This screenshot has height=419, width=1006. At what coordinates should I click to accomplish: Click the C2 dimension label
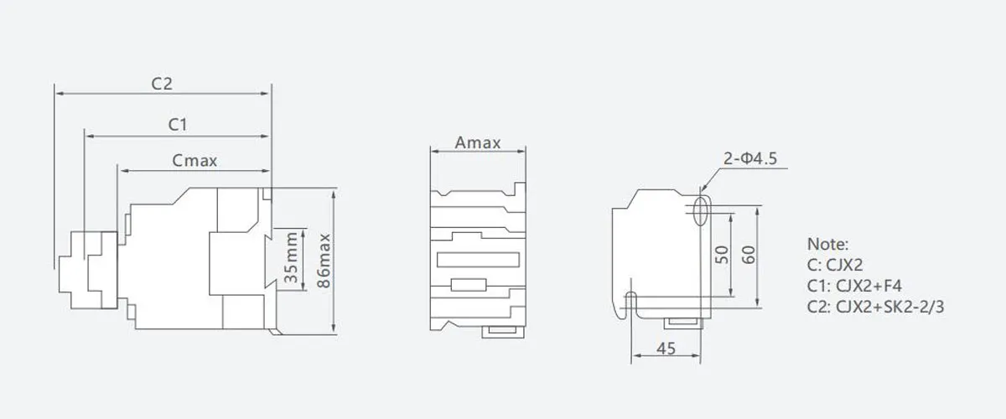(162, 84)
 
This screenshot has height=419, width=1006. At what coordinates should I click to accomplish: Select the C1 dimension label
(178, 124)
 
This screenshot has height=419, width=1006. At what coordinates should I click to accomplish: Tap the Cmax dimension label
(194, 160)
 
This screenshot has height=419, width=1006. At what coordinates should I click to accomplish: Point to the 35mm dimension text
(291, 257)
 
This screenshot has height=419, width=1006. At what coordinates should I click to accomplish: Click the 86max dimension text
(324, 261)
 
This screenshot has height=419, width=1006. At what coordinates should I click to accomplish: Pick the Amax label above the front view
(478, 142)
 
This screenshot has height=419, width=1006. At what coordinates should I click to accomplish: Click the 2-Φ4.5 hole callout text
(750, 158)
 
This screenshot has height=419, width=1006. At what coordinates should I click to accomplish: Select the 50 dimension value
(722, 255)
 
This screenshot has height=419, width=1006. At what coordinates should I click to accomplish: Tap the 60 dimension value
(749, 255)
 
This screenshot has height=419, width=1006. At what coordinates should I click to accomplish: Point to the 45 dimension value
(666, 349)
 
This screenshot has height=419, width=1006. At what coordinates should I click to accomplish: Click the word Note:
(827, 245)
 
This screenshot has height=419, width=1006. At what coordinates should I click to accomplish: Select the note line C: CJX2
(835, 265)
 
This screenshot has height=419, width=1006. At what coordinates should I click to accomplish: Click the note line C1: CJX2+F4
(854, 286)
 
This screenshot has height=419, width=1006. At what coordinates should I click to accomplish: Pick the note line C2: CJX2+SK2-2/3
(875, 307)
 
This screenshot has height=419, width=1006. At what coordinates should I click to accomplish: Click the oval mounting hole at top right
(701, 210)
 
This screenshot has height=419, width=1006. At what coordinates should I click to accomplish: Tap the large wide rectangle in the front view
(479, 260)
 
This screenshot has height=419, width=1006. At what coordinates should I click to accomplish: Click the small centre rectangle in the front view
(469, 285)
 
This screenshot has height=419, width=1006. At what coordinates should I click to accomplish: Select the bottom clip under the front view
(503, 332)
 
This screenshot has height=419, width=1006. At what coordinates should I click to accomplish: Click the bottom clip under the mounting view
(683, 323)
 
